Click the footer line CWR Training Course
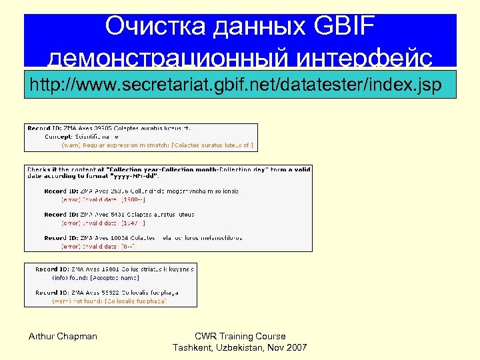coord(240,336)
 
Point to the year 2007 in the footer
coord(295,348)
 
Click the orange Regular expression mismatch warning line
coord(157,144)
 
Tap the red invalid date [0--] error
coord(99,246)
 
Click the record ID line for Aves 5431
coord(119,215)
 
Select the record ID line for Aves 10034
coord(143,238)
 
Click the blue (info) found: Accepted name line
coord(96,277)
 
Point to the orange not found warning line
coord(109,301)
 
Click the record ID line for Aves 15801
coord(115,269)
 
